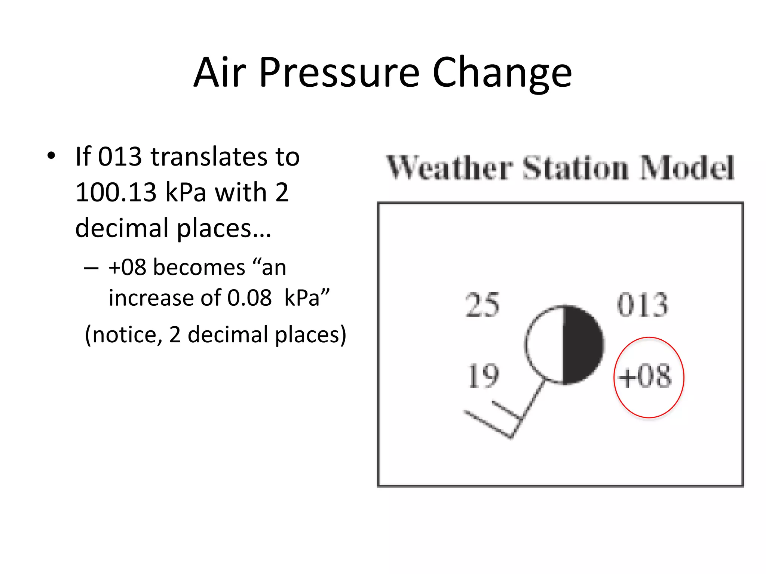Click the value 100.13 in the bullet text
click(116, 192)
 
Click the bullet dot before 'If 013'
click(51, 155)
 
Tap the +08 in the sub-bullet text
click(127, 268)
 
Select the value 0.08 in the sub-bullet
click(249, 298)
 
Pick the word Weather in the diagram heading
click(449, 168)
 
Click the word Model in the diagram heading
click(687, 168)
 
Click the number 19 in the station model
click(483, 376)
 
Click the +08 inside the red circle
click(645, 376)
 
